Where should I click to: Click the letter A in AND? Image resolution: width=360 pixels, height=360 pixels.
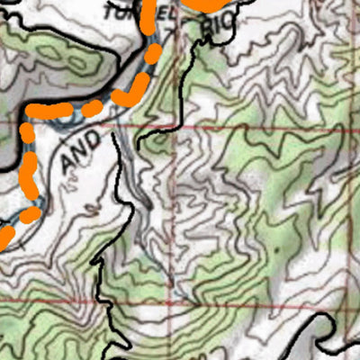tap(69, 163)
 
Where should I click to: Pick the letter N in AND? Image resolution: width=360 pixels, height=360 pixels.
tap(80, 150)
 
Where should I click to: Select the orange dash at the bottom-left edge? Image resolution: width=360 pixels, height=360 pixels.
tap(5, 238)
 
